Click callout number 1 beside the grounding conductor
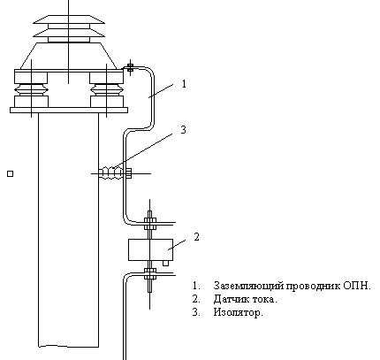click(x=184, y=84)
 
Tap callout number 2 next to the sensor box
click(x=196, y=237)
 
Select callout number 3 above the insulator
click(x=183, y=129)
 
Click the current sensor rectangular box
click(x=150, y=249)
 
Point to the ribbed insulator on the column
click(x=110, y=172)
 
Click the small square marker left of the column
click(x=10, y=174)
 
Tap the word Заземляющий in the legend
click(x=248, y=286)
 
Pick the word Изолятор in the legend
click(x=238, y=312)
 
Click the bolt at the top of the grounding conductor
click(x=130, y=67)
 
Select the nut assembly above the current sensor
click(x=150, y=223)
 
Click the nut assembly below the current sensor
click(x=150, y=273)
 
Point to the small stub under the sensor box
click(x=166, y=263)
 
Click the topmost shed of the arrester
click(x=69, y=19)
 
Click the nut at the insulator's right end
click(x=129, y=173)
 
